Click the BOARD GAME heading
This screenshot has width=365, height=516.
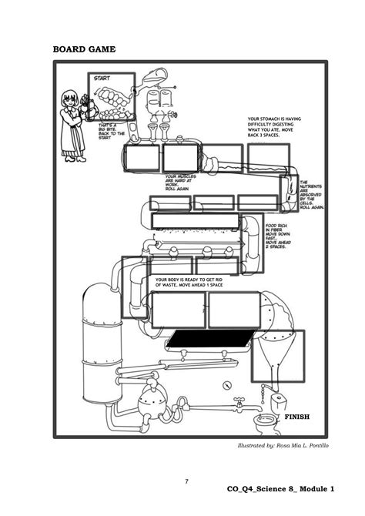click(84, 49)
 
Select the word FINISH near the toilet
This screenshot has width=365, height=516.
click(296, 417)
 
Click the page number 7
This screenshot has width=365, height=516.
click(186, 481)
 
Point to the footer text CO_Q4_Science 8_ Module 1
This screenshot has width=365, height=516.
click(280, 489)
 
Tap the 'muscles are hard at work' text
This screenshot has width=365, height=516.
click(182, 182)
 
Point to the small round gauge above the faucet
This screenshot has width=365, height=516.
click(226, 385)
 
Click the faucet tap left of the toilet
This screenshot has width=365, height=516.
click(239, 401)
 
